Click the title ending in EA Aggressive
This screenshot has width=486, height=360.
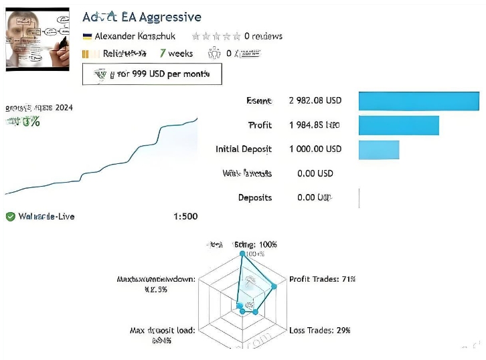tap(141, 17)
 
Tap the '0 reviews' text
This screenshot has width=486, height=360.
tap(262, 36)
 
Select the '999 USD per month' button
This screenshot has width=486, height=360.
tap(151, 74)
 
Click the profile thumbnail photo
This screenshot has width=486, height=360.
tap(37, 39)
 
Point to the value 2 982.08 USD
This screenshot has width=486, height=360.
tap(315, 100)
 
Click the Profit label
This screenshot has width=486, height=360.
tap(260, 124)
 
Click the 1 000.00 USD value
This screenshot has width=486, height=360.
tap(315, 149)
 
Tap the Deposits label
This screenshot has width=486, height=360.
tap(255, 197)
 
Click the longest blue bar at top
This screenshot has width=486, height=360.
tap(419, 100)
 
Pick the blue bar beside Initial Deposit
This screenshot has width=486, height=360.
tap(379, 149)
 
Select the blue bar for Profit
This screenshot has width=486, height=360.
tap(399, 125)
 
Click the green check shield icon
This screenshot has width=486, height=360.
tap(10, 216)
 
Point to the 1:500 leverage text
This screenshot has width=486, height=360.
tap(185, 216)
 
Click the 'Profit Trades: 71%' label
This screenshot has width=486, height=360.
tap(321, 279)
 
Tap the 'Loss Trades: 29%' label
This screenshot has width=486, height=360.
tap(320, 330)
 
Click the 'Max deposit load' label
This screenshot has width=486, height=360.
tap(162, 331)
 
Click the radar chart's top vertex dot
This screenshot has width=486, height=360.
tap(242, 254)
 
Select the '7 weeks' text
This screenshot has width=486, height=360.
tap(176, 54)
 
